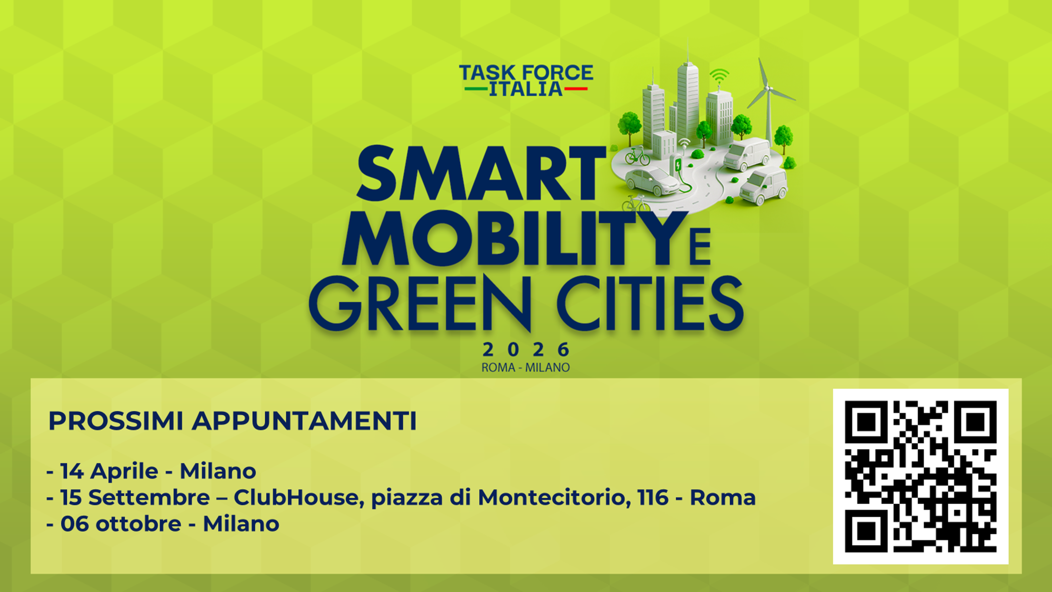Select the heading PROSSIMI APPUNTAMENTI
click(x=232, y=421)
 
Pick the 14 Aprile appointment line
click(x=151, y=471)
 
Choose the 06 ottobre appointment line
click(x=163, y=524)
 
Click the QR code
click(x=920, y=476)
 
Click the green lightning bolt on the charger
click(x=678, y=165)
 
